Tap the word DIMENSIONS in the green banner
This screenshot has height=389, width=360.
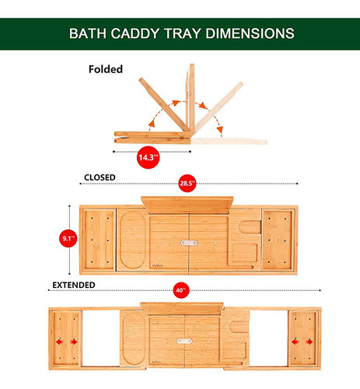pyautogui.click(x=248, y=33)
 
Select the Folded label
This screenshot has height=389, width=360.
pyautogui.click(x=104, y=68)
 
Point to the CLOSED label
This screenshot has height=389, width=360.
pyautogui.click(x=100, y=177)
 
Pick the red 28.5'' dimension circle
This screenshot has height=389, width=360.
pyautogui.click(x=186, y=184)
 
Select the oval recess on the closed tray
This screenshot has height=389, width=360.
pyautogui.click(x=132, y=239)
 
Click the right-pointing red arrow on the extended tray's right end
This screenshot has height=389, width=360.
pyautogui.click(x=309, y=341)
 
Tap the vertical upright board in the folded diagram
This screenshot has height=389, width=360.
pyautogui.click(x=189, y=101)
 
